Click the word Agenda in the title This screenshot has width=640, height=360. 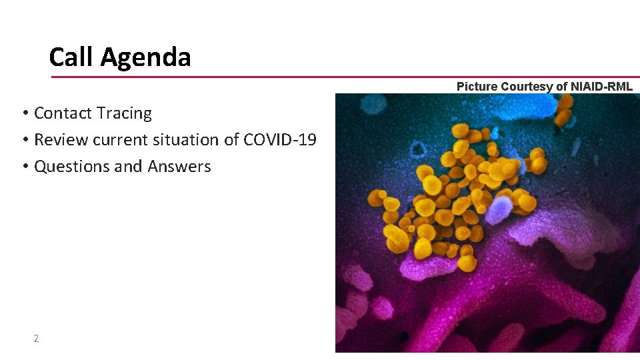pos(145,58)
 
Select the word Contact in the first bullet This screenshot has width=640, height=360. pos(63,113)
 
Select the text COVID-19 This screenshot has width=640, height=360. pos(280,140)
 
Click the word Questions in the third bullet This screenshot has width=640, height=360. pos(72,167)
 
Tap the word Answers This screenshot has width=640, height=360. pos(179,167)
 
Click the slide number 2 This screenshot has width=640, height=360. pos(36,339)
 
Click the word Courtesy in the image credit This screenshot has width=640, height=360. pos(527,87)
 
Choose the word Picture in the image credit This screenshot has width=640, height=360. pos(477,87)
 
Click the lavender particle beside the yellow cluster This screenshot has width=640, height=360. pos(497,212)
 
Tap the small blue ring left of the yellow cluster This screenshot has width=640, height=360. pos(418,148)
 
